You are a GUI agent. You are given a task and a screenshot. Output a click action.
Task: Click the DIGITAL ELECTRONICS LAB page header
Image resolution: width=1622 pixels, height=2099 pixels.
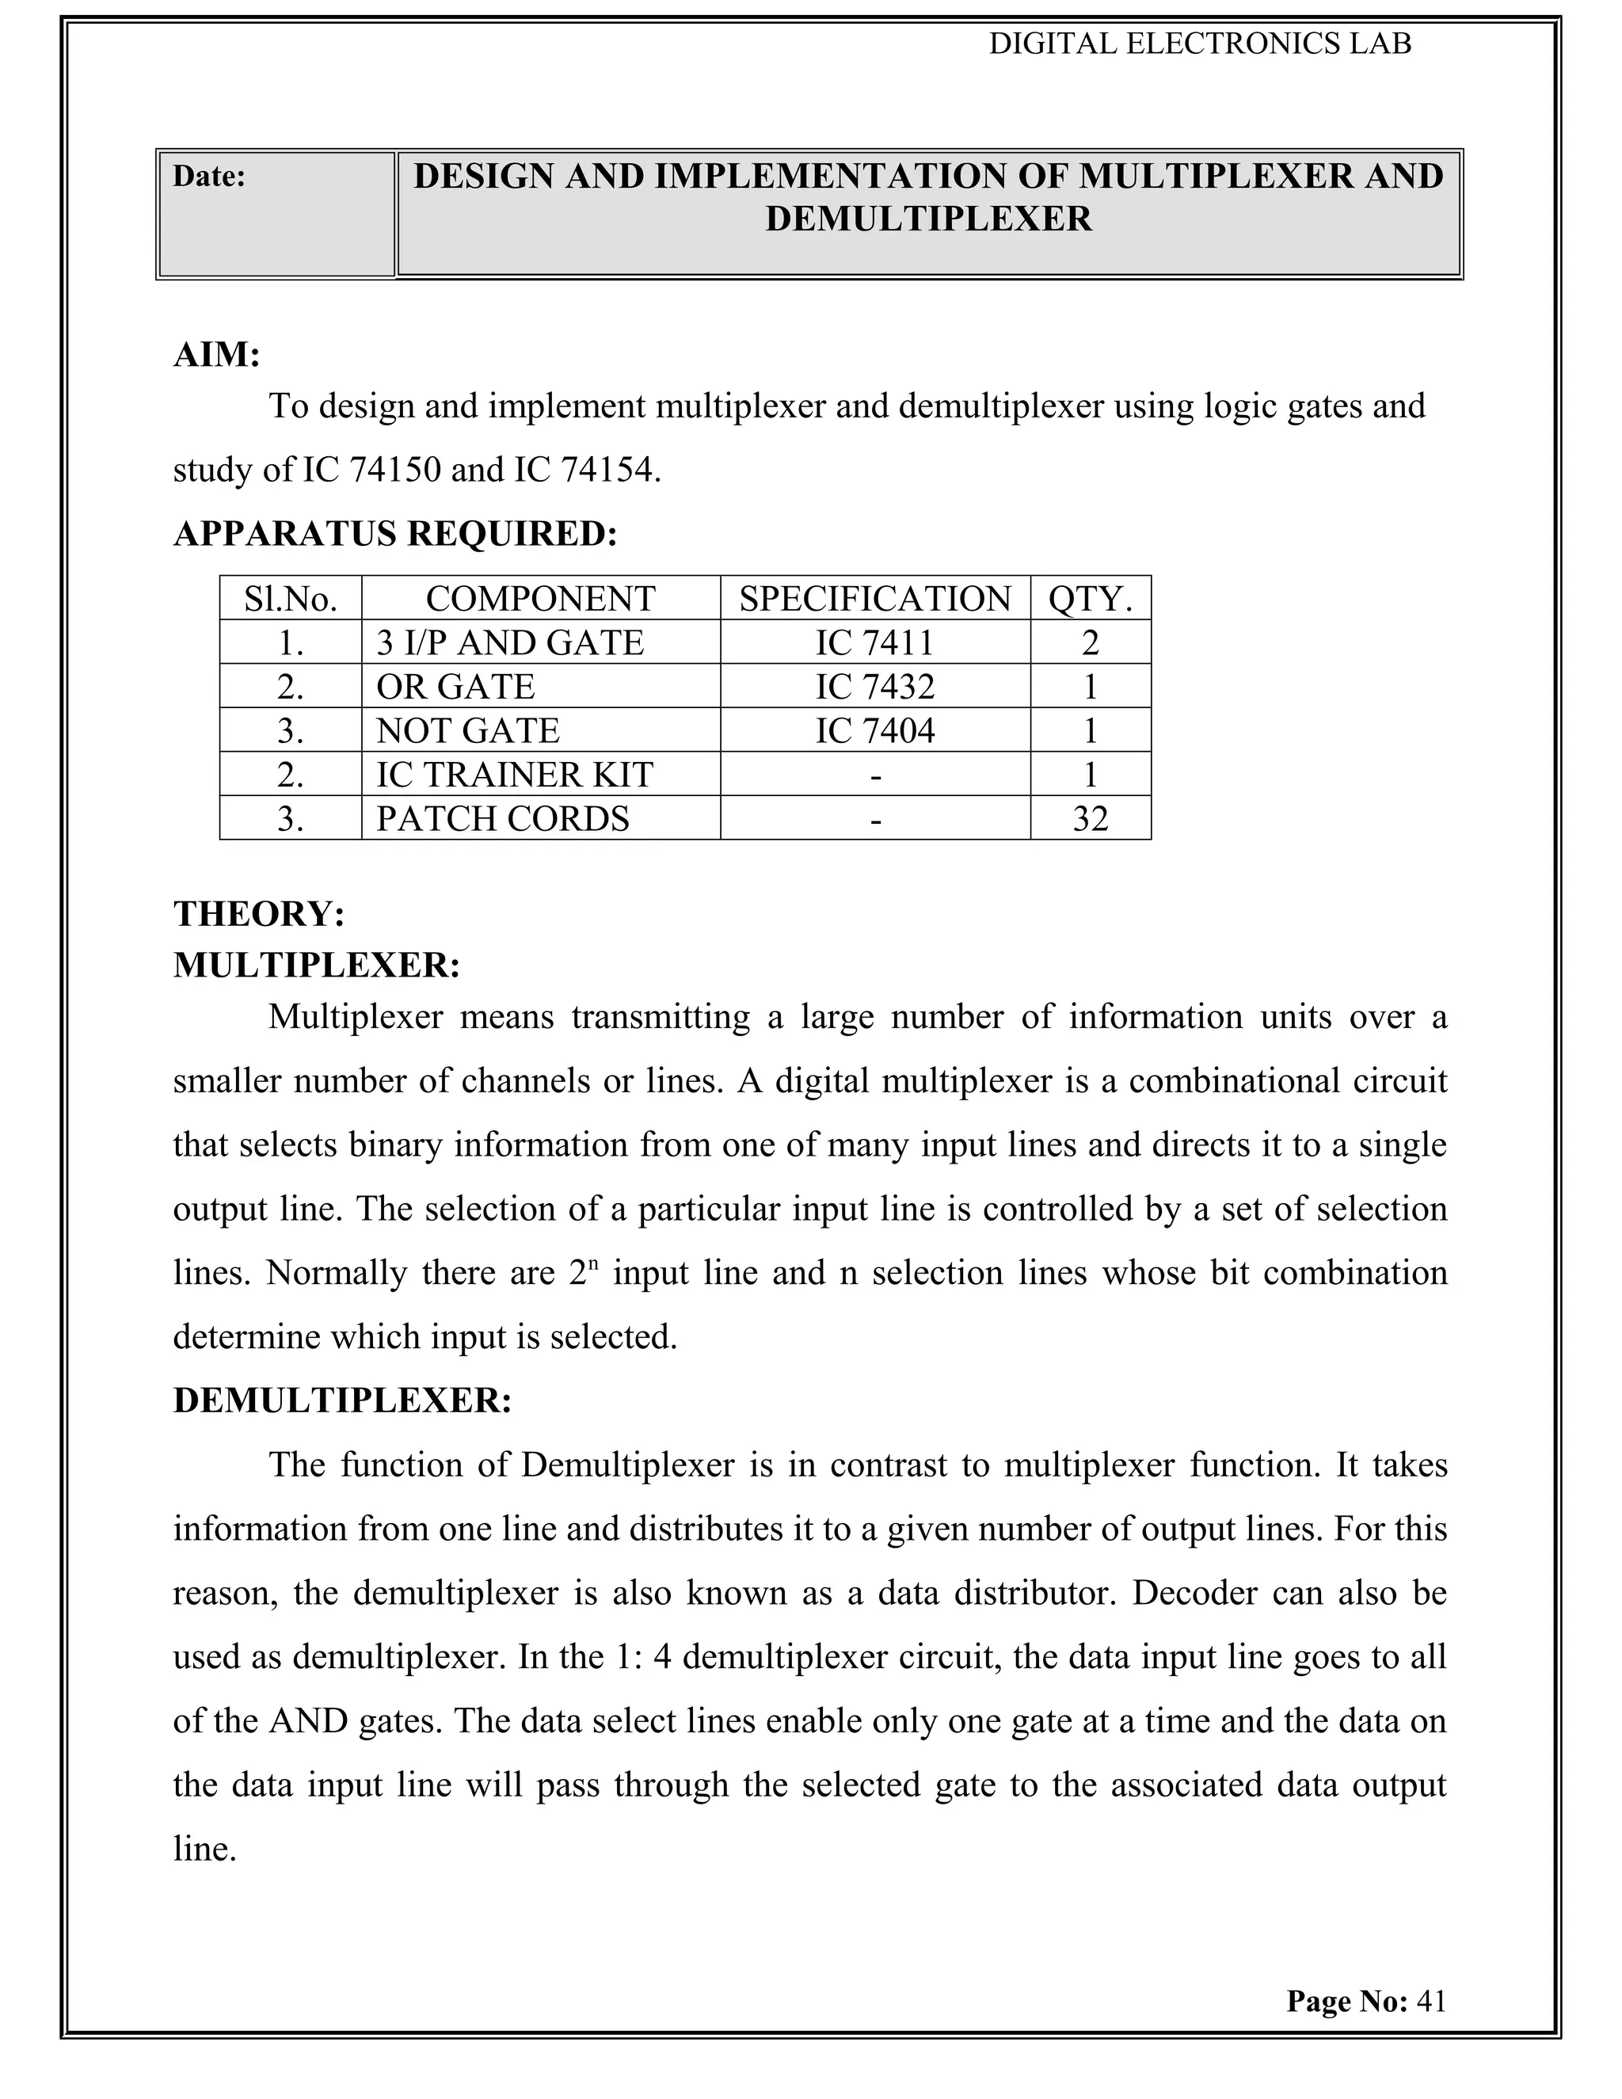1199,44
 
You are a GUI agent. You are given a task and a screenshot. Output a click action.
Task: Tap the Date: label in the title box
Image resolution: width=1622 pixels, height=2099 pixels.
209,176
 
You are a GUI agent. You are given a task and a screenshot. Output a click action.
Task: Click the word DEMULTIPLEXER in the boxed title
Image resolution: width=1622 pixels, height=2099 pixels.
928,219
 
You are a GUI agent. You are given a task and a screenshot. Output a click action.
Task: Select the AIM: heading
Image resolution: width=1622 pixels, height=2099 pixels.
217,355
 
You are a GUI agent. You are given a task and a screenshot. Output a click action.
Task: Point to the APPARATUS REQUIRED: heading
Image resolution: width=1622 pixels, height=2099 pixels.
395,533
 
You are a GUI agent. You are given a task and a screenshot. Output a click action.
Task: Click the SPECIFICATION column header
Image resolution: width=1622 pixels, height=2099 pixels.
874,599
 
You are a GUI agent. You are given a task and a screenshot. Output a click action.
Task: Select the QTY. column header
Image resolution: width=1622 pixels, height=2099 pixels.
1090,599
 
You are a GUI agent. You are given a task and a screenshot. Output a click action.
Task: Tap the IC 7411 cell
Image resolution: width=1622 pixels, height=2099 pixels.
874,642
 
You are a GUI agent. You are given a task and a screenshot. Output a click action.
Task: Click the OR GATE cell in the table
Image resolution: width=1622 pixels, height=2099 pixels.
455,686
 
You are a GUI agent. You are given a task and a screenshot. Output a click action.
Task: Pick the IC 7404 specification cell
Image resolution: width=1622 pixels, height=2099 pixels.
874,730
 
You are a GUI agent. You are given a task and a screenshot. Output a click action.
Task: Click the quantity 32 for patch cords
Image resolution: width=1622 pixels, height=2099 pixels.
1090,819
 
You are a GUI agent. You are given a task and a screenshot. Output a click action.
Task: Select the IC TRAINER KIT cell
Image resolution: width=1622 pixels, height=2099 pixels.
514,775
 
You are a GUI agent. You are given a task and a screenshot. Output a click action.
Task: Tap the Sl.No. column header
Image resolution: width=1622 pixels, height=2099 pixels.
290,599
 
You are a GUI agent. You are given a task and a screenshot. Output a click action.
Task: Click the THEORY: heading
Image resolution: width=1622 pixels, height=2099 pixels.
258,913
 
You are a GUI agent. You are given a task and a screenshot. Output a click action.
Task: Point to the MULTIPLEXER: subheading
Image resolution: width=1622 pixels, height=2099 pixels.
317,965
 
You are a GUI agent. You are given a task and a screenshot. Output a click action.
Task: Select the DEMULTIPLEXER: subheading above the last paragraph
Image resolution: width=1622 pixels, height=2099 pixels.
342,1400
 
